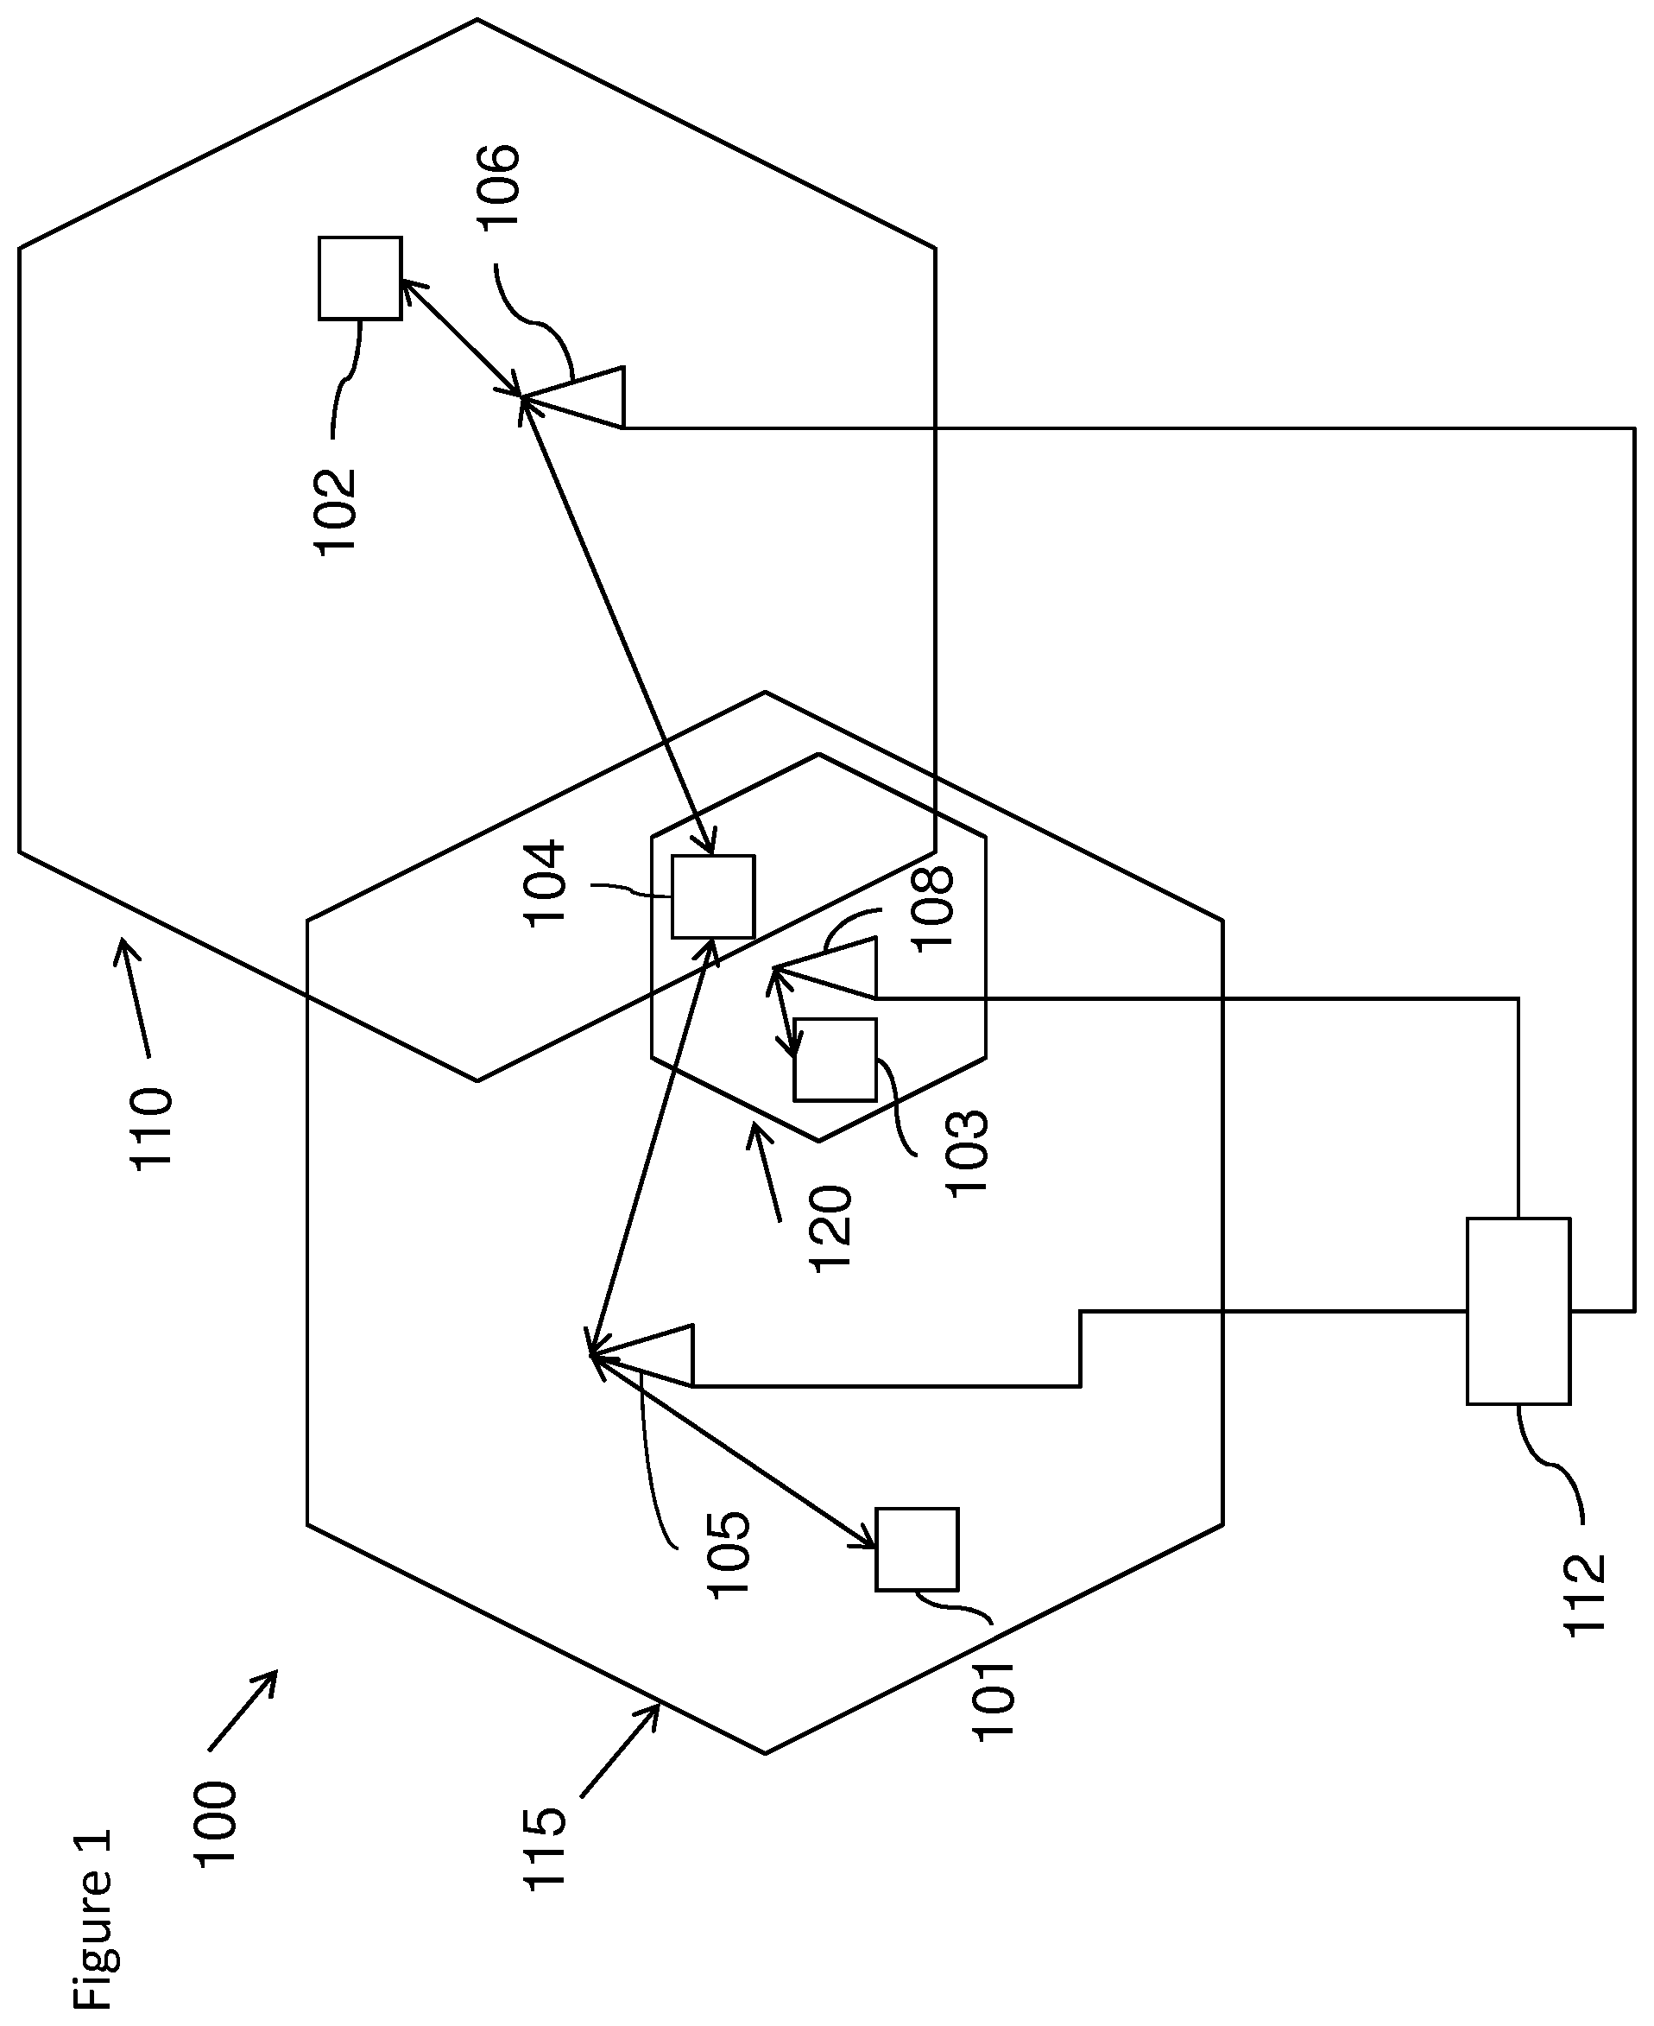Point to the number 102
point(335,512)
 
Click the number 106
point(499,186)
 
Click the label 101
point(994,1701)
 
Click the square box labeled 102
point(359,278)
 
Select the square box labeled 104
point(713,896)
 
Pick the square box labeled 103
point(835,1060)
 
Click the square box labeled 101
point(917,1549)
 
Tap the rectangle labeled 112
point(1518,1310)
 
